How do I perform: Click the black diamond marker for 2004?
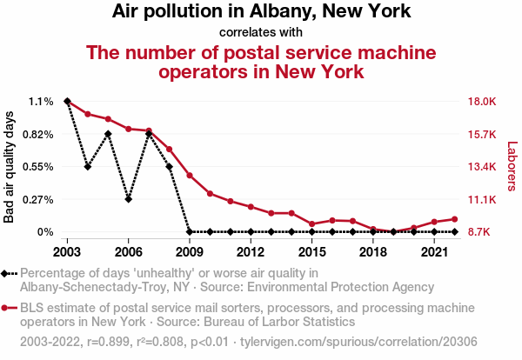click(x=88, y=166)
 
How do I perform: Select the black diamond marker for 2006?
click(x=129, y=199)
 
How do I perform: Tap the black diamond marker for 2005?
click(x=108, y=134)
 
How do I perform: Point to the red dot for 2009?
click(x=190, y=176)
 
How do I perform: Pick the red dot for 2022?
click(x=454, y=219)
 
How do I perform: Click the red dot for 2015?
click(x=311, y=224)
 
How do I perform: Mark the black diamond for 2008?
click(x=169, y=166)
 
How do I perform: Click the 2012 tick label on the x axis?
click(x=251, y=251)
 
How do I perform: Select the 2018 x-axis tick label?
click(x=372, y=251)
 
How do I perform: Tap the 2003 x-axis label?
click(x=68, y=251)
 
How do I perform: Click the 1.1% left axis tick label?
click(x=41, y=102)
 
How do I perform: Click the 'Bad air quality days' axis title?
click(x=10, y=166)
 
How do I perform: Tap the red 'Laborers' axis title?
click(x=512, y=166)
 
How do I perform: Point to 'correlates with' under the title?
click(x=261, y=32)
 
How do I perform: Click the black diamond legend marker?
click(x=7, y=274)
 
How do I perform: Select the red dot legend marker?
click(x=7, y=308)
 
